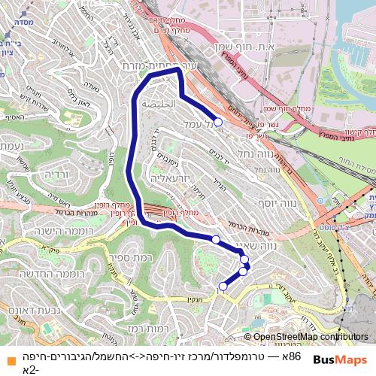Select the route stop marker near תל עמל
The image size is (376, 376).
[x=218, y=121]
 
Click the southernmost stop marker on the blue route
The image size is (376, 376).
[x=223, y=286]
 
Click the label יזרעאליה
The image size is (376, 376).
[x=171, y=180]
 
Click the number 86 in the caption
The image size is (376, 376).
[x=295, y=355]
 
